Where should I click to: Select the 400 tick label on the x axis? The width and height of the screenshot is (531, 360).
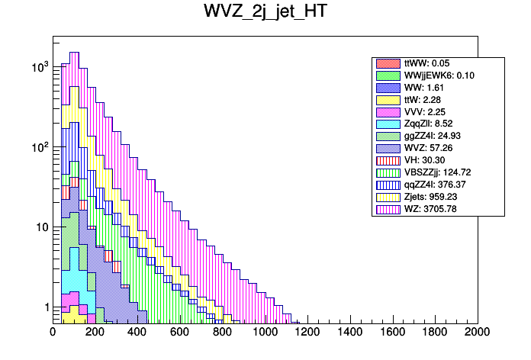(x=137, y=332)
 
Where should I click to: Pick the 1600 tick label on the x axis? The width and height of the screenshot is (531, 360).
(x=392, y=332)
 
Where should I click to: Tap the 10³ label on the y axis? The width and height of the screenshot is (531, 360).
(x=40, y=68)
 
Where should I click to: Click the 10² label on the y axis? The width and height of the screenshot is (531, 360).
(x=40, y=147)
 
